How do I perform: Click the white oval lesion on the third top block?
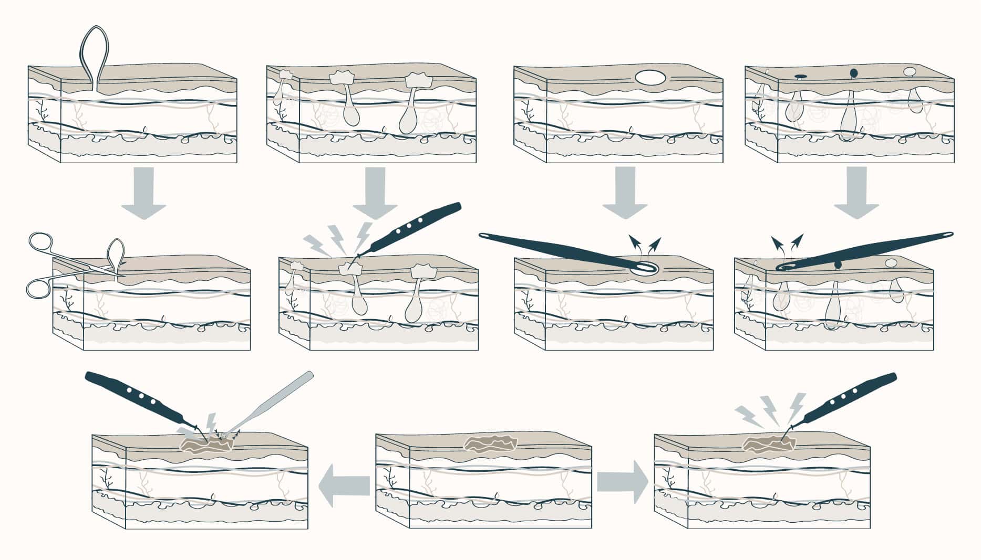(650, 78)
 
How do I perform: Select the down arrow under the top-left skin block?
(143, 192)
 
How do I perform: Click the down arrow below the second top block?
(374, 192)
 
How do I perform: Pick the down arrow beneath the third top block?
(625, 192)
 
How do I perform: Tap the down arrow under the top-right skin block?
(856, 192)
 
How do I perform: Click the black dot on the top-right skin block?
(853, 72)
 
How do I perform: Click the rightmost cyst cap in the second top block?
(418, 80)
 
